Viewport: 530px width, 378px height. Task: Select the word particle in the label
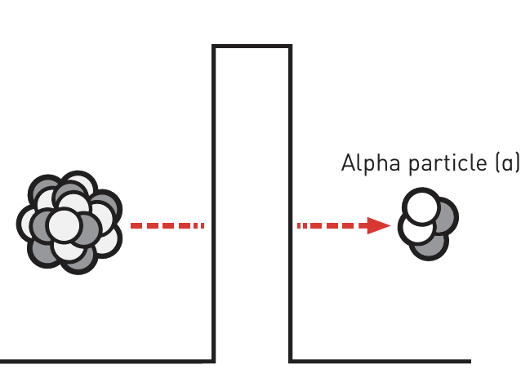pos(442,164)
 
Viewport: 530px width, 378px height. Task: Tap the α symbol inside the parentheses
pos(508,164)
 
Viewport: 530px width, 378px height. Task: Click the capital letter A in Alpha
pos(347,163)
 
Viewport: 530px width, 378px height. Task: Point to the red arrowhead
pos(378,225)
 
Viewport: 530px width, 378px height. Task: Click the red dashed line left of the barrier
pos(167,225)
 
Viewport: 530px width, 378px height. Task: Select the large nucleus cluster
pos(69,223)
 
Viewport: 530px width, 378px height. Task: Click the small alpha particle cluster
pos(427,223)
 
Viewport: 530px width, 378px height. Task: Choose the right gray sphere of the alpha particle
pos(443,216)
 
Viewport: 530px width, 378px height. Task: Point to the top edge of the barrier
pos(252,47)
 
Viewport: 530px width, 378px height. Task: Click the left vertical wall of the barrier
pos(214,204)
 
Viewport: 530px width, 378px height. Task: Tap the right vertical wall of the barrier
pos(290,204)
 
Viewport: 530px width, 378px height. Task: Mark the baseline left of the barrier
pos(106,360)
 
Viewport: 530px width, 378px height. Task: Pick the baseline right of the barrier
pos(380,360)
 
